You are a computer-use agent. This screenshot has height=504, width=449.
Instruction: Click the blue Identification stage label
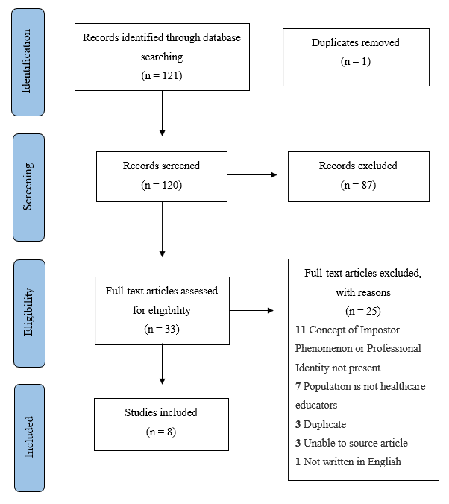(28, 63)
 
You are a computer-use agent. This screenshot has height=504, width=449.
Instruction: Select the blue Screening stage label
(28, 188)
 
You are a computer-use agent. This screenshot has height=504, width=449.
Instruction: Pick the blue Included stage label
(28, 438)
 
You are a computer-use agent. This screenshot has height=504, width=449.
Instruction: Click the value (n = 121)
(162, 75)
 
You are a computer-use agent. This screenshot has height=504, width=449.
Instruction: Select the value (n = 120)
(162, 185)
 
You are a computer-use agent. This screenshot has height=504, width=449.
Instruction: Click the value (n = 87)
(358, 185)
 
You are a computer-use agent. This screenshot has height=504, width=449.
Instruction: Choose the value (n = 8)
(162, 432)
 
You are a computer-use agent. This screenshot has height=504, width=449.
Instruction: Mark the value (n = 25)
(363, 309)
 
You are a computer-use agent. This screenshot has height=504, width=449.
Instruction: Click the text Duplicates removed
(356, 43)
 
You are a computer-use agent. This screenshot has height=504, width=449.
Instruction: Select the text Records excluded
(358, 166)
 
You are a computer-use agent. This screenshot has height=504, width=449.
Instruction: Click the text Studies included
(162, 412)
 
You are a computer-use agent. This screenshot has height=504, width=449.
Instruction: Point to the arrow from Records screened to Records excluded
(252, 175)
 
